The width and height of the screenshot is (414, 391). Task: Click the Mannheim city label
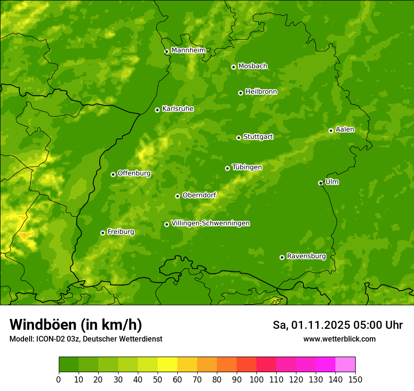click(x=189, y=50)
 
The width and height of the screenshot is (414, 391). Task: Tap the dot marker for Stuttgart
click(x=239, y=138)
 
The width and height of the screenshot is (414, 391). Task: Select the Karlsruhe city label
click(x=177, y=109)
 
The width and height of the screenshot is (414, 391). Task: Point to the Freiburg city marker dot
click(x=103, y=233)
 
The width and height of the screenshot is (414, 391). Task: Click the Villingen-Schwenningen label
click(x=210, y=223)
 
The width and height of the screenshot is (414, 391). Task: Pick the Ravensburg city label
click(x=306, y=256)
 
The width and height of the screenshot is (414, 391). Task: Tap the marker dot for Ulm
click(x=320, y=183)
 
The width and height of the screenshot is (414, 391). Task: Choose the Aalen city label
click(x=345, y=130)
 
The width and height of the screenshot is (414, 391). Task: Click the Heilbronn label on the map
click(x=261, y=92)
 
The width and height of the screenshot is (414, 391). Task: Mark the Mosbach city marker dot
click(x=233, y=67)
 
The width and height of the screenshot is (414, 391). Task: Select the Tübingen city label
click(x=247, y=167)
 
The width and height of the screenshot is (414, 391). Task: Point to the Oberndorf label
click(x=199, y=195)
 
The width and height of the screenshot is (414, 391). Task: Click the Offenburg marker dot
click(x=113, y=174)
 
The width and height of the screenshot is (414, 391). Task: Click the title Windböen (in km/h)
click(x=75, y=325)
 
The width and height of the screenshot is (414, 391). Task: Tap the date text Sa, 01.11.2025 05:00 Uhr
click(x=337, y=325)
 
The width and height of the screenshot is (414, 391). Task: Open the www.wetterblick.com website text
click(x=339, y=339)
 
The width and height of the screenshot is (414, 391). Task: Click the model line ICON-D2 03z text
click(x=86, y=339)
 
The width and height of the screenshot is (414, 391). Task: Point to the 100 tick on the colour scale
click(x=256, y=379)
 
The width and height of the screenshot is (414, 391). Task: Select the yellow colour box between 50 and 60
click(x=167, y=365)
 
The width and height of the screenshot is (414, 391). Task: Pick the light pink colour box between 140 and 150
click(x=345, y=365)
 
